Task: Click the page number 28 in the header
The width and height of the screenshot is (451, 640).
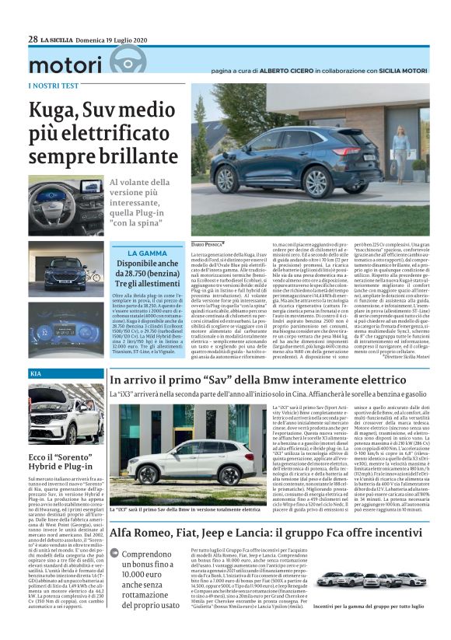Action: [33, 39]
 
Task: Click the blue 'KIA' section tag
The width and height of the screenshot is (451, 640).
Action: [37, 375]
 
